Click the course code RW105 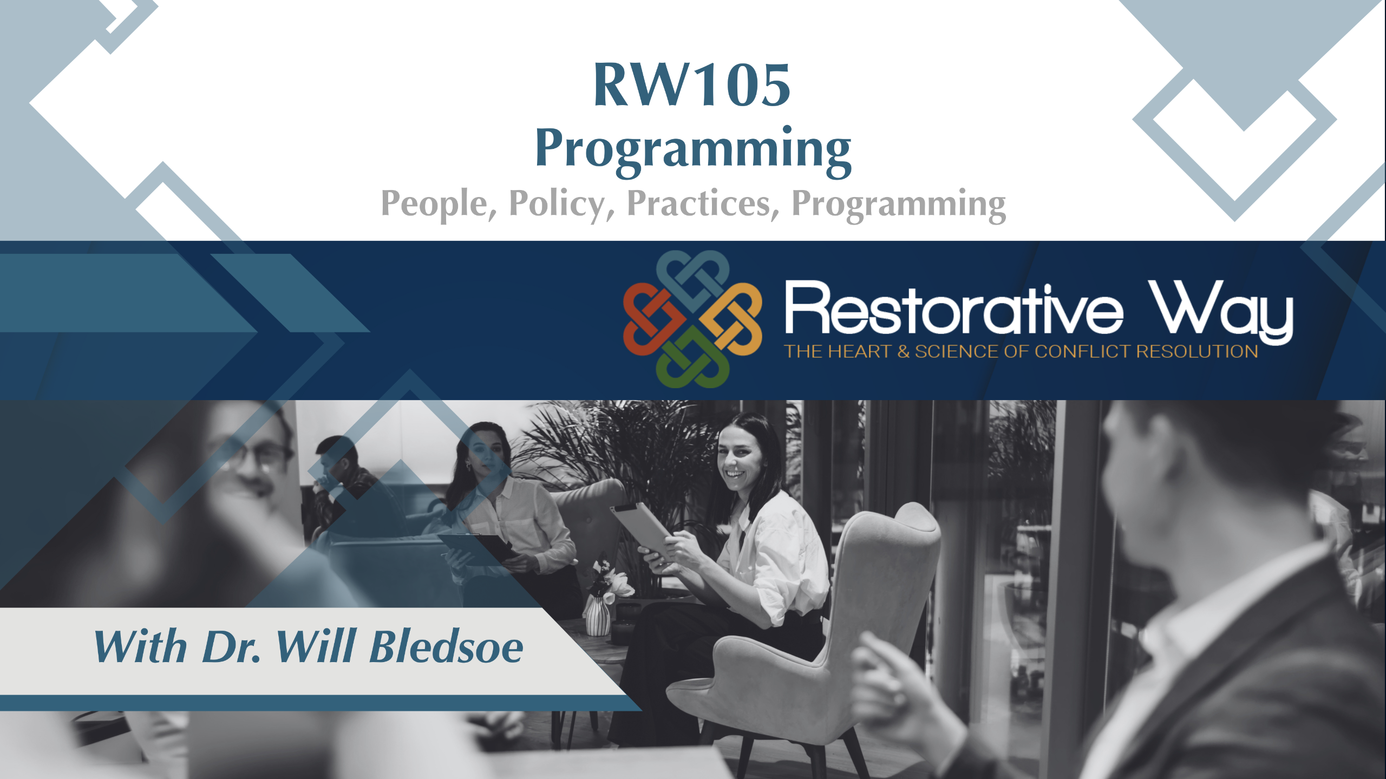[692, 85]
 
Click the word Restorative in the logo [954, 309]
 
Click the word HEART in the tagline [860, 352]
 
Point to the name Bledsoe [446, 646]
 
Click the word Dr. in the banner [232, 646]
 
